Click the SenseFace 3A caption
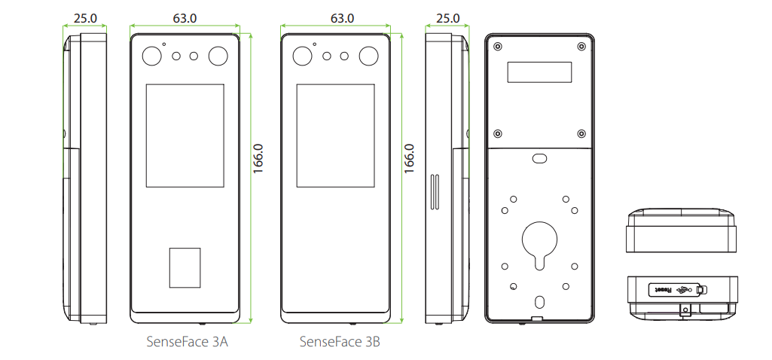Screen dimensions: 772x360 pyautogui.click(x=187, y=342)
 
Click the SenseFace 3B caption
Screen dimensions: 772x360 pyautogui.click(x=340, y=342)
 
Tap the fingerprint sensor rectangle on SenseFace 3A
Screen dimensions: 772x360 pyautogui.click(x=185, y=268)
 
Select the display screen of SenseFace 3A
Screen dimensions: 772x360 pyautogui.click(x=185, y=136)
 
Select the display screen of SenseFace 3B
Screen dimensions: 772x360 pyautogui.click(x=335, y=136)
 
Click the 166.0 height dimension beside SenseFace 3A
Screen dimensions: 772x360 pyautogui.click(x=258, y=158)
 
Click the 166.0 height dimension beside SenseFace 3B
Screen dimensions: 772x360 pyautogui.click(x=409, y=158)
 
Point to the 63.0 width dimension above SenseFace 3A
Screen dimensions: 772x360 pyautogui.click(x=185, y=18)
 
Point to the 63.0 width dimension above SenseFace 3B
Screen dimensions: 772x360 pyautogui.click(x=342, y=18)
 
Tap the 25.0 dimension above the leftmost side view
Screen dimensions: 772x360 pyautogui.click(x=85, y=18)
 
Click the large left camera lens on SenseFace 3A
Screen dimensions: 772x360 pyautogui.click(x=151, y=56)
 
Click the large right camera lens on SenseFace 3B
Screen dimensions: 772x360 pyautogui.click(x=368, y=56)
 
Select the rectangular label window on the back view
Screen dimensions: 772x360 pyautogui.click(x=539, y=72)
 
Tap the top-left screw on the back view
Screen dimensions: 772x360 pyautogui.click(x=498, y=46)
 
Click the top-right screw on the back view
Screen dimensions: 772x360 pyautogui.click(x=581, y=46)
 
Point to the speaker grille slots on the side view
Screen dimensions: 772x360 pyautogui.click(x=435, y=191)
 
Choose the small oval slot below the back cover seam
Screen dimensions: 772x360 pyautogui.click(x=539, y=158)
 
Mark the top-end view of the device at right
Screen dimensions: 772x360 pyautogui.click(x=682, y=230)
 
